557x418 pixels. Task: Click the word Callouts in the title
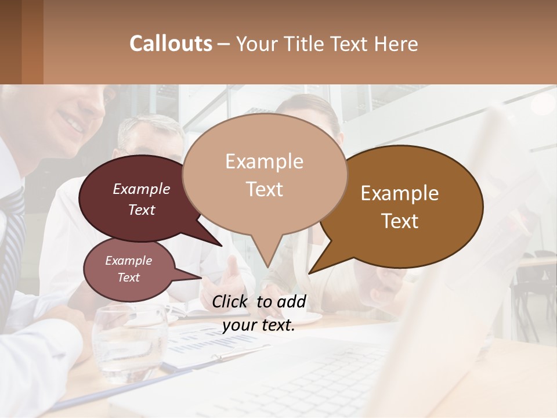coord(171,44)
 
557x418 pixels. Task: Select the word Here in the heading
coord(396,44)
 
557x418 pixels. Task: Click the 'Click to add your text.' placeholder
coord(259,313)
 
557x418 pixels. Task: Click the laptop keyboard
coord(325,383)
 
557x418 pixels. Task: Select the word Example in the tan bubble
coord(265,161)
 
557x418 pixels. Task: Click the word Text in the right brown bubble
coord(400,221)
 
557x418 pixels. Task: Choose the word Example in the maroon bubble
coord(142,189)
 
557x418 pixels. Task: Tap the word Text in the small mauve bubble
coord(129,278)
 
